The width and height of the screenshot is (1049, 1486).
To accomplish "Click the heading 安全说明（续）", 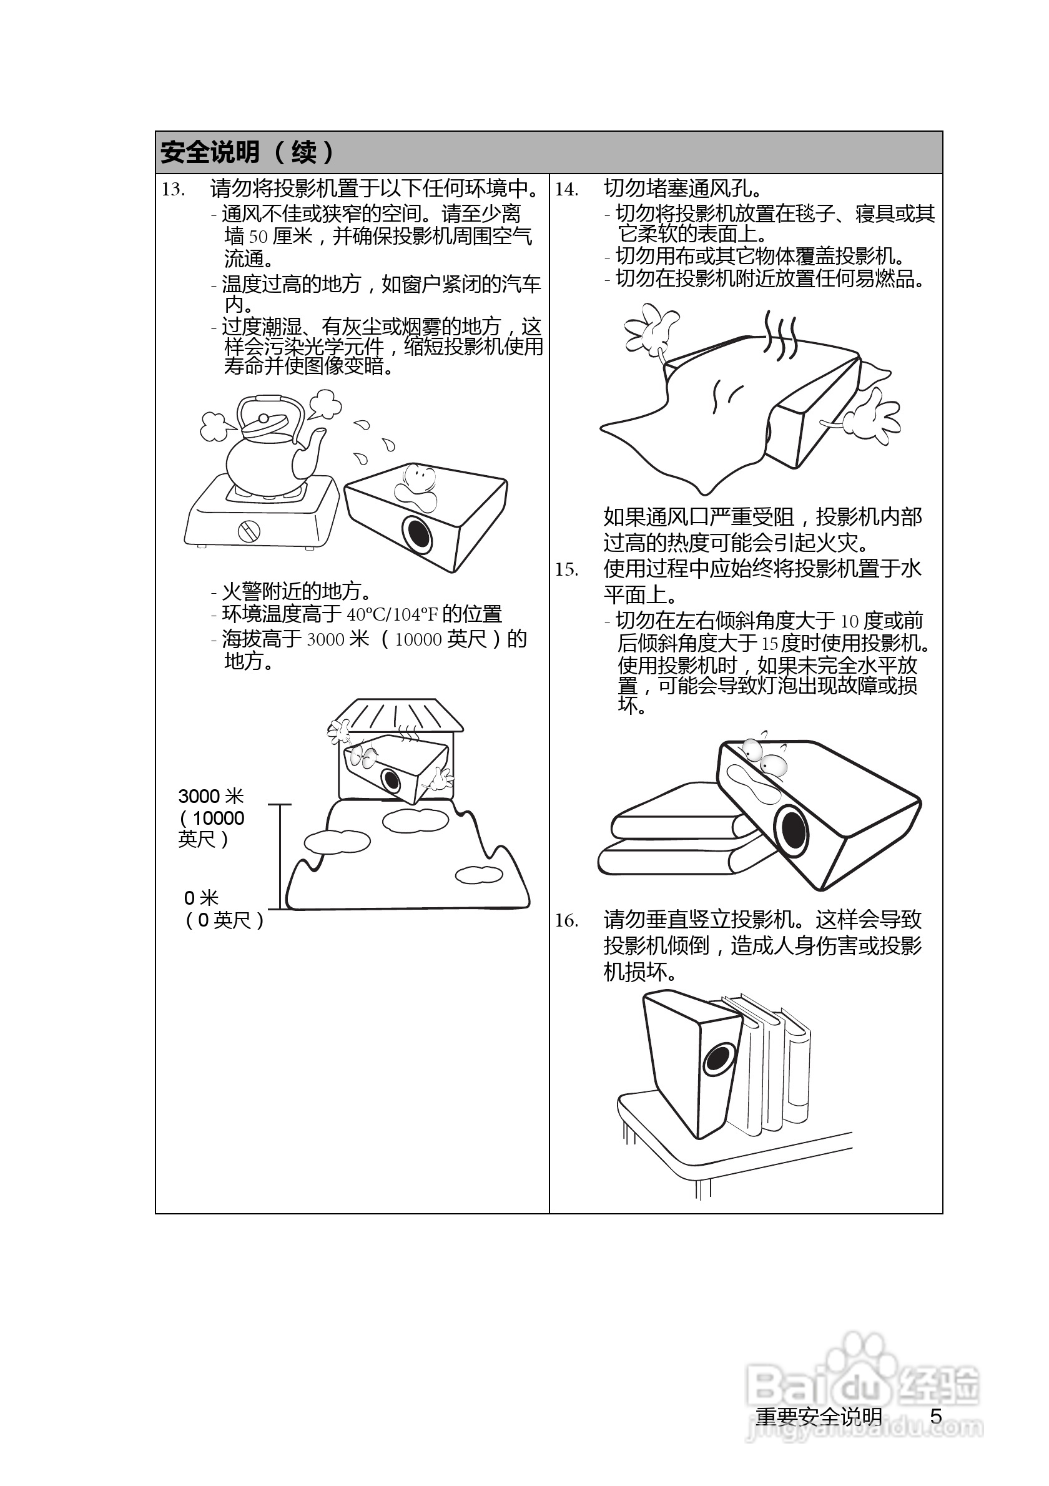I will pyautogui.click(x=247, y=153).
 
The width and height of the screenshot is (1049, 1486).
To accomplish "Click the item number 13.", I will pyautogui.click(x=173, y=190).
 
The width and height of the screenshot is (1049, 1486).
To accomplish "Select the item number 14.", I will pyautogui.click(x=566, y=190).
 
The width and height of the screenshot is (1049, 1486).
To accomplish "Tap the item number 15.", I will pyautogui.click(x=566, y=569).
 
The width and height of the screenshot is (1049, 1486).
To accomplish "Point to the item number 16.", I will pyautogui.click(x=566, y=921).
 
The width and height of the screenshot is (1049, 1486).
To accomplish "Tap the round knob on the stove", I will pyautogui.click(x=249, y=531).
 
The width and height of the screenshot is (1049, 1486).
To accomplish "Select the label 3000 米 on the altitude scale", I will pyautogui.click(x=211, y=796).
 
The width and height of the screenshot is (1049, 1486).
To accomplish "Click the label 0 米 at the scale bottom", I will pyautogui.click(x=201, y=898).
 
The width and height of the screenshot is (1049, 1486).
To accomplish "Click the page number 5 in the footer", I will pyautogui.click(x=936, y=1416).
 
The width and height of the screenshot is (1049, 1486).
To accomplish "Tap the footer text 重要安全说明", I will pyautogui.click(x=819, y=1417).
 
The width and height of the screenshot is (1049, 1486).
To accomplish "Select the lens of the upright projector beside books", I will pyautogui.click(x=717, y=1059).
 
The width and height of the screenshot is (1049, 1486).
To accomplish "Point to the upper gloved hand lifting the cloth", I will pyautogui.click(x=651, y=330).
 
